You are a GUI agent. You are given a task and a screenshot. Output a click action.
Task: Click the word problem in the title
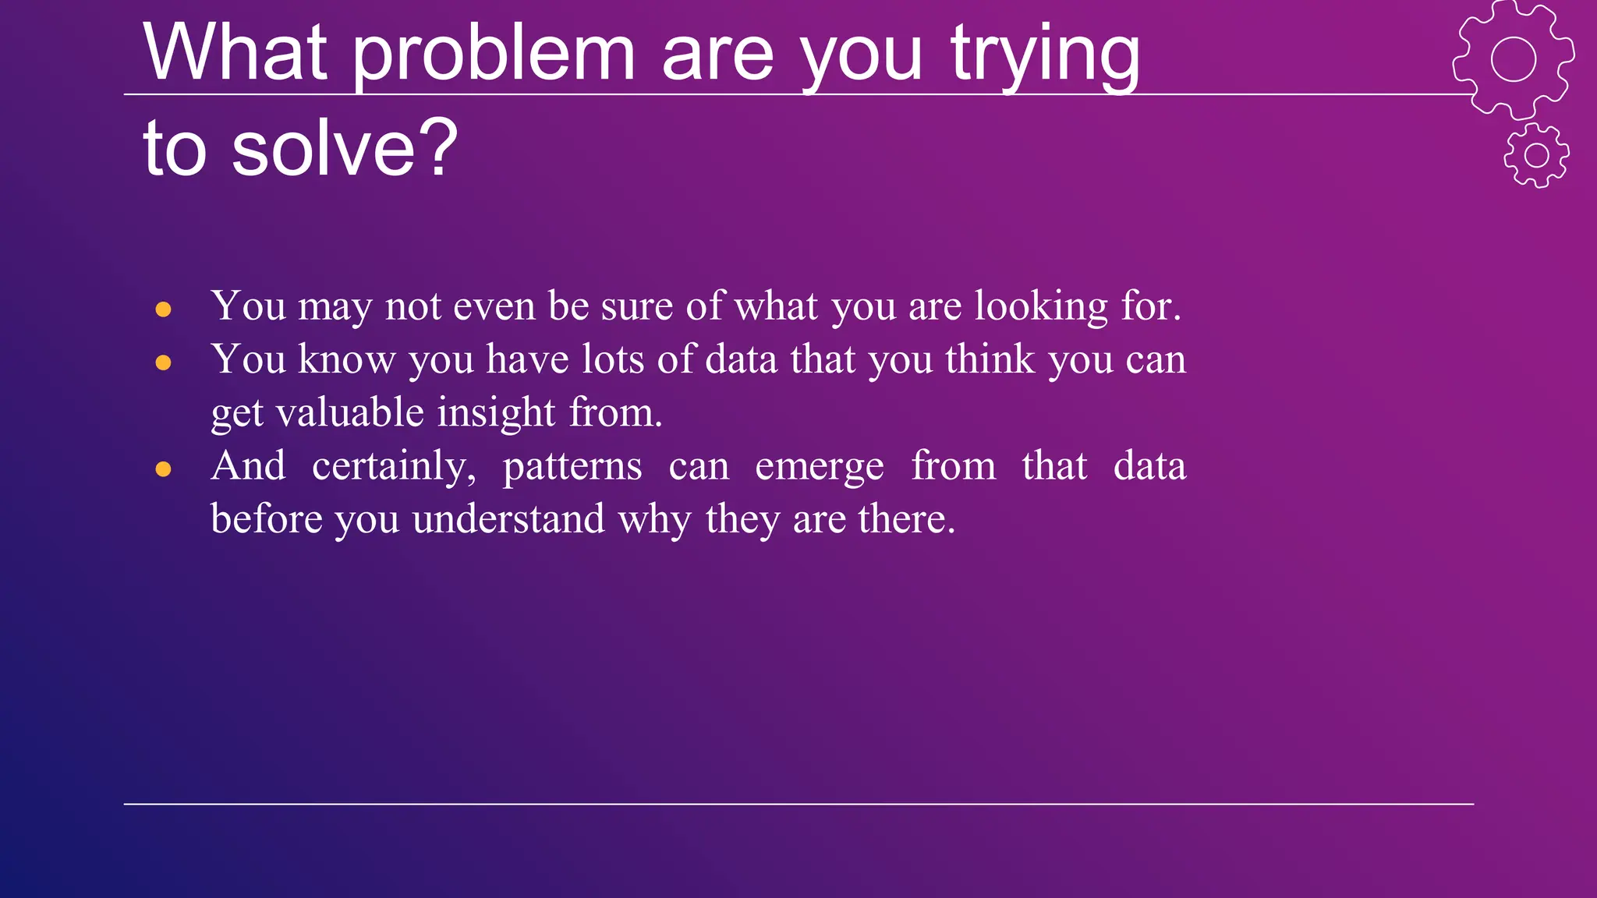(494, 55)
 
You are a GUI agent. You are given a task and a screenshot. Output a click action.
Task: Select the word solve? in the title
(344, 148)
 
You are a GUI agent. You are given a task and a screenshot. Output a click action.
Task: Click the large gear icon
(1513, 59)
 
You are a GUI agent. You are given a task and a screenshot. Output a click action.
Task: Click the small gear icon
(1536, 155)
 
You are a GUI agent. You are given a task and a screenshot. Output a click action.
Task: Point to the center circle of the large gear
(1514, 59)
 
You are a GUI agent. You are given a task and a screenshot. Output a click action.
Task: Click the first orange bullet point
(163, 309)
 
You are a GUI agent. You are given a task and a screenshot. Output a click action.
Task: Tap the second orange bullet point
(163, 362)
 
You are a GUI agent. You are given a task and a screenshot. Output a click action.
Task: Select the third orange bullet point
(163, 469)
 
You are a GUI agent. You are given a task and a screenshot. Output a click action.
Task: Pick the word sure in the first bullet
(636, 306)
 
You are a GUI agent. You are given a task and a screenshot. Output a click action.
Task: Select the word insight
(496, 413)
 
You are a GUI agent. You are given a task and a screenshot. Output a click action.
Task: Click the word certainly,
(394, 467)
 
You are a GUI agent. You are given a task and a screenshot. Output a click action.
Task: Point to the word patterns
(572, 467)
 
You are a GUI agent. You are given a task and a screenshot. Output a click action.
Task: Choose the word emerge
(820, 467)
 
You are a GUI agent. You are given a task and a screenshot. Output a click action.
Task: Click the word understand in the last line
(508, 520)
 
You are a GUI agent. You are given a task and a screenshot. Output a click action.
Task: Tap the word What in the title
(234, 55)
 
